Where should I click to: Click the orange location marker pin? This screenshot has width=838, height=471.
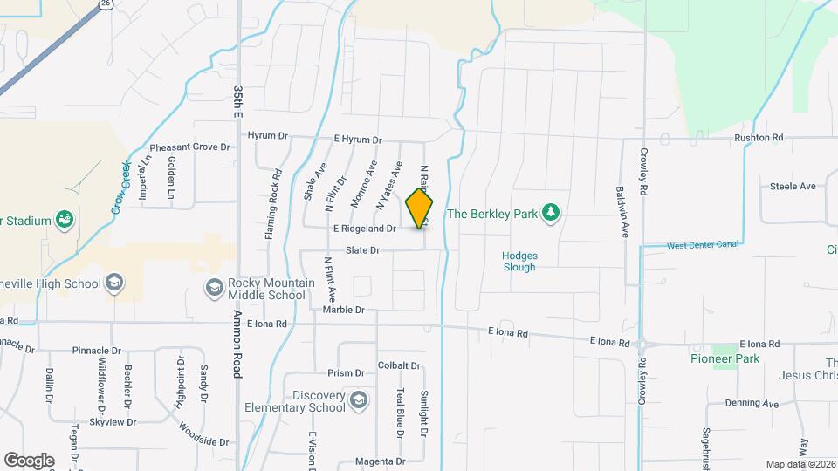419,208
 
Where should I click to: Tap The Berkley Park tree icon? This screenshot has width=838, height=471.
550,212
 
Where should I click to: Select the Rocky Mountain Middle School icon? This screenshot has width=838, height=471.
214,287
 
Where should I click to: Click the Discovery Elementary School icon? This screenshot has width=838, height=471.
357,401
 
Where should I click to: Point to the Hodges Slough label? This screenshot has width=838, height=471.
519,262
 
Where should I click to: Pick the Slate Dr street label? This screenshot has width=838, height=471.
362,250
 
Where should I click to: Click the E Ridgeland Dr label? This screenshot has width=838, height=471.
365,229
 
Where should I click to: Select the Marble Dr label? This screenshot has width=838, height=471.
343,310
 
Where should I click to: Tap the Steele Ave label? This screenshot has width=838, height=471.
792,186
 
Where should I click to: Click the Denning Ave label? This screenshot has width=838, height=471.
752,404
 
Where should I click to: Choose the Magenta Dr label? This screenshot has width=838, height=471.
381,461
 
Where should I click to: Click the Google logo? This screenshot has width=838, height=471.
29,460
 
